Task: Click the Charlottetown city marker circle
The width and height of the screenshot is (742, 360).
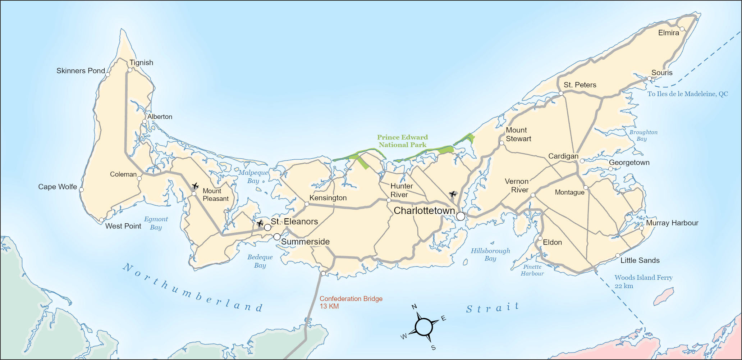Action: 461,216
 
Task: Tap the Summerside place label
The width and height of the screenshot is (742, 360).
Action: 305,242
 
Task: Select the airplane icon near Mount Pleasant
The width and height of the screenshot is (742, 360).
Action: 195,186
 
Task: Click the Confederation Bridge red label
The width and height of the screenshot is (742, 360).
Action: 351,302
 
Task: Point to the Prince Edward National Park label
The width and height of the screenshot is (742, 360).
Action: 402,141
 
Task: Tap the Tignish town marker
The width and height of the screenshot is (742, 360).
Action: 130,70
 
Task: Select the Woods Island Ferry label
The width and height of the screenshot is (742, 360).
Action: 643,282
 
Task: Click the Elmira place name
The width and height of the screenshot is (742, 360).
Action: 668,33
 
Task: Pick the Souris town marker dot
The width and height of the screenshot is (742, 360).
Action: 649,78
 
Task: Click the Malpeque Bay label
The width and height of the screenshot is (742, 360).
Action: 253,177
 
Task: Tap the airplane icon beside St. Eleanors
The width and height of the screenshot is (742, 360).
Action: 260,223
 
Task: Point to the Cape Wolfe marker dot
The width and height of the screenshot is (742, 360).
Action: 81,190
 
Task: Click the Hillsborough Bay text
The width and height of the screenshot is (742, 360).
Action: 490,254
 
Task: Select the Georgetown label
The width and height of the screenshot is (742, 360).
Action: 629,162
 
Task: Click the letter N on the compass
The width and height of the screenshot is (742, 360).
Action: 414,307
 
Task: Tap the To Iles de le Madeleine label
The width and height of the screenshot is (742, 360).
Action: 687,94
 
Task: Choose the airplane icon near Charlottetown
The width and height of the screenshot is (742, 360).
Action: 453,194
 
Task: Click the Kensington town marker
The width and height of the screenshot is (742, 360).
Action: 307,204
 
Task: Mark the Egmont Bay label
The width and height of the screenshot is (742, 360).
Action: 156,223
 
